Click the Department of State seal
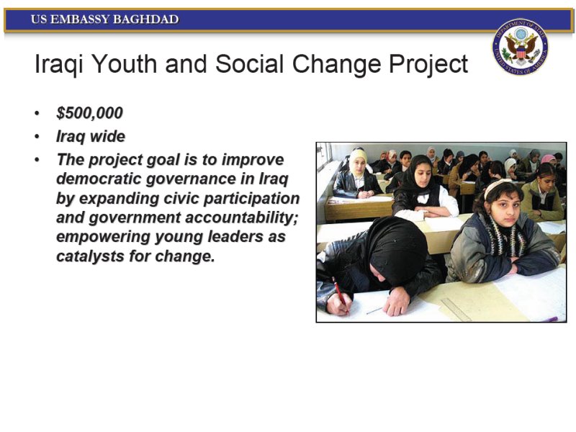click(520, 47)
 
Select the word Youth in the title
click(125, 63)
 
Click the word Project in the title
click(428, 65)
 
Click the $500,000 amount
click(89, 113)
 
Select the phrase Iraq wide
click(91, 136)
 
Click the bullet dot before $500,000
click(37, 113)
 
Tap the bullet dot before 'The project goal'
click(37, 160)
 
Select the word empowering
click(103, 237)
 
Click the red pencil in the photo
click(340, 294)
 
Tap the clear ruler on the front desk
click(456, 310)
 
